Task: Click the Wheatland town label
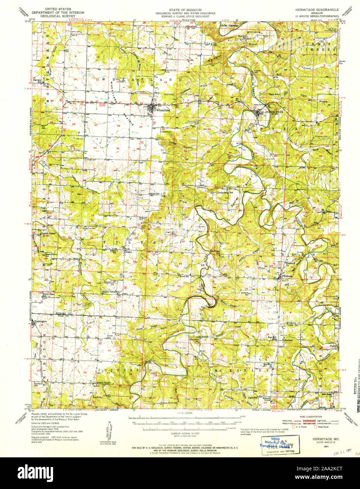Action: (163, 110)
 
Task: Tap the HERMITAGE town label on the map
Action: (275, 112)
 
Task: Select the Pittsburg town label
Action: (287, 277)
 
